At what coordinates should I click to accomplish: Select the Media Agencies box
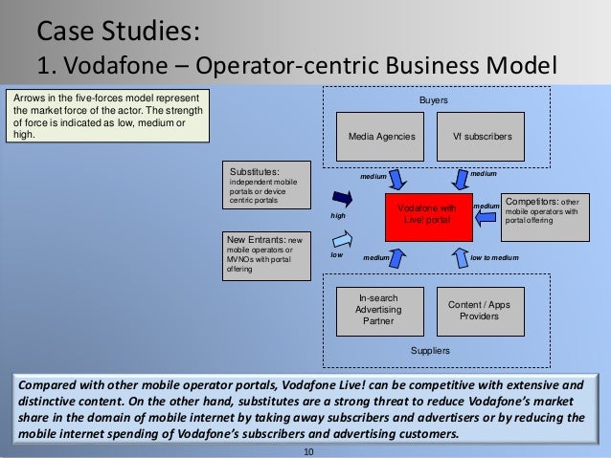pyautogui.click(x=381, y=137)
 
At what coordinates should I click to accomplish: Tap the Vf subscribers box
pyautogui.click(x=482, y=137)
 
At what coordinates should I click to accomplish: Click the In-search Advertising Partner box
pyautogui.click(x=378, y=310)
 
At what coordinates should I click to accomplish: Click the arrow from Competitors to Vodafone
pyautogui.click(x=487, y=217)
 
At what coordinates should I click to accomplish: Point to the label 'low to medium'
pyautogui.click(x=495, y=257)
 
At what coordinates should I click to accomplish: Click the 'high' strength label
pyautogui.click(x=337, y=216)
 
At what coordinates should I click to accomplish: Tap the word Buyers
pyautogui.click(x=434, y=99)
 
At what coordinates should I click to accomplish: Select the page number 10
pyautogui.click(x=307, y=450)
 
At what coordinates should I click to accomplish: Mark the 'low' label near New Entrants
pyautogui.click(x=336, y=255)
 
